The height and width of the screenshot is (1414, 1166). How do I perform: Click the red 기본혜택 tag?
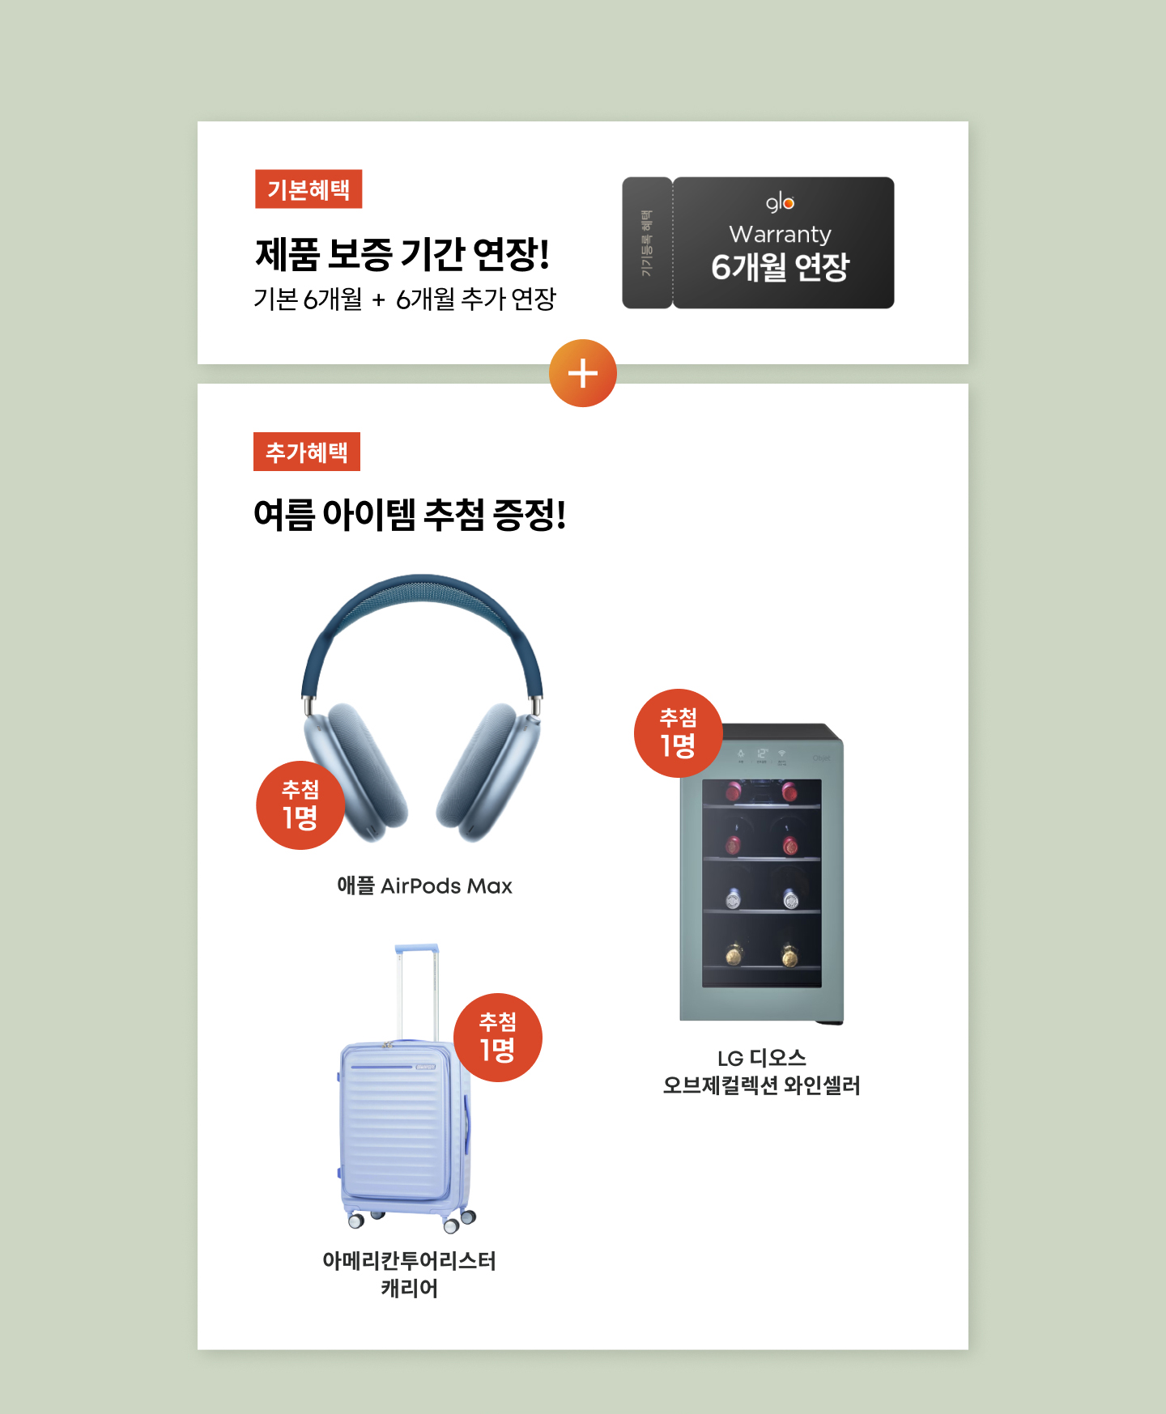coord(309,189)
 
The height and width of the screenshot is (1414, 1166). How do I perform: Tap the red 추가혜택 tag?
coord(307,452)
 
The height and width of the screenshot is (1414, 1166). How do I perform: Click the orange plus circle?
coord(583,373)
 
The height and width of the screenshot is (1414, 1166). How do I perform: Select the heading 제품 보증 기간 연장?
coord(402,254)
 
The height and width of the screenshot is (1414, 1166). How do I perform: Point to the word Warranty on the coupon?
coord(780,235)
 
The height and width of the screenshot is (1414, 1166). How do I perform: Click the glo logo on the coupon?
coord(780,202)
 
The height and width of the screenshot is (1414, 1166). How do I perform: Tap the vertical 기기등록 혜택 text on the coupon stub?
coord(646,243)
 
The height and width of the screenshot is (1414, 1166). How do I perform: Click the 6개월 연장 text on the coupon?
coord(780,267)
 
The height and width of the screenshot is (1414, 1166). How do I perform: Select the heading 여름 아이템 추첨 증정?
coord(410,515)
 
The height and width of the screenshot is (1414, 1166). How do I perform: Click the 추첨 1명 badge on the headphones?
coord(300,805)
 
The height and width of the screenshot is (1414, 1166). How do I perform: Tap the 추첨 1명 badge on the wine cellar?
coord(679,733)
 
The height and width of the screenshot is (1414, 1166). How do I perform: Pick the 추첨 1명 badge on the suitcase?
coord(498,1038)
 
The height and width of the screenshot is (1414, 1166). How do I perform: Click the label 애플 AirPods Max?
coord(424,886)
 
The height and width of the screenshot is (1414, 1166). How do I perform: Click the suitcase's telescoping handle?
coord(417,991)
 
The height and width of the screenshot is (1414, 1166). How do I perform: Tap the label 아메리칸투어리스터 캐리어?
coord(410,1274)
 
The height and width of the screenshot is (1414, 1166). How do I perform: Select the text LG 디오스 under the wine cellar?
coord(762,1058)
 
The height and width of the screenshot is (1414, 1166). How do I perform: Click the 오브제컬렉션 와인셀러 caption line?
coord(761,1085)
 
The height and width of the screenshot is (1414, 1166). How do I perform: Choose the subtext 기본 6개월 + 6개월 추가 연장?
coord(405,299)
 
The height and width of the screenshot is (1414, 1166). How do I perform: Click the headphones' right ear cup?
coord(488,773)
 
